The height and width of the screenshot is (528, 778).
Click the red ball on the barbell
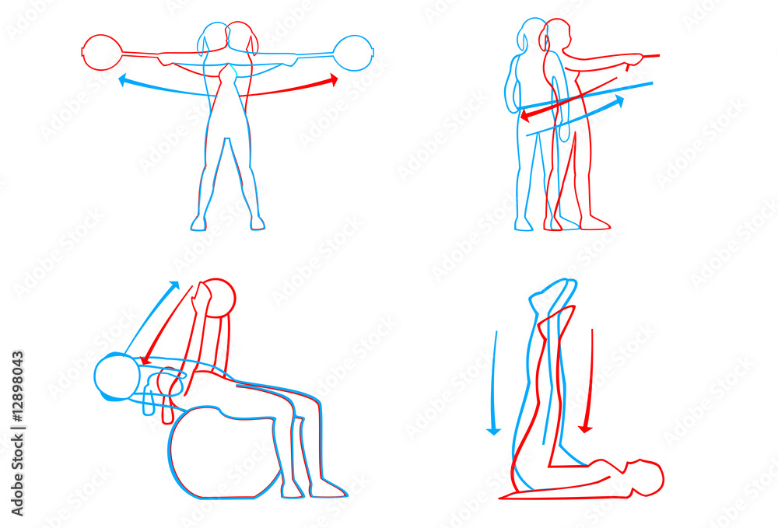(x=102, y=52)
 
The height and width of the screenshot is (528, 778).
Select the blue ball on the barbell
(x=352, y=53)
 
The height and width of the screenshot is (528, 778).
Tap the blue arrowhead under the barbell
(x=122, y=80)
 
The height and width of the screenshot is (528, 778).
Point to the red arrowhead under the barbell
(x=334, y=80)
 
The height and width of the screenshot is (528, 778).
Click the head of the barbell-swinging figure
(x=228, y=38)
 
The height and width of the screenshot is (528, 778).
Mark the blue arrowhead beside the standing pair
(x=619, y=100)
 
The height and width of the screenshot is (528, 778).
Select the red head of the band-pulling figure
(x=555, y=35)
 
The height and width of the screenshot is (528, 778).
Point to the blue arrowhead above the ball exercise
(x=173, y=287)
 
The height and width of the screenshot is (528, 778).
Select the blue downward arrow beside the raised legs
(x=494, y=383)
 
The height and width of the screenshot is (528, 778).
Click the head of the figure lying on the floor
(x=646, y=477)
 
